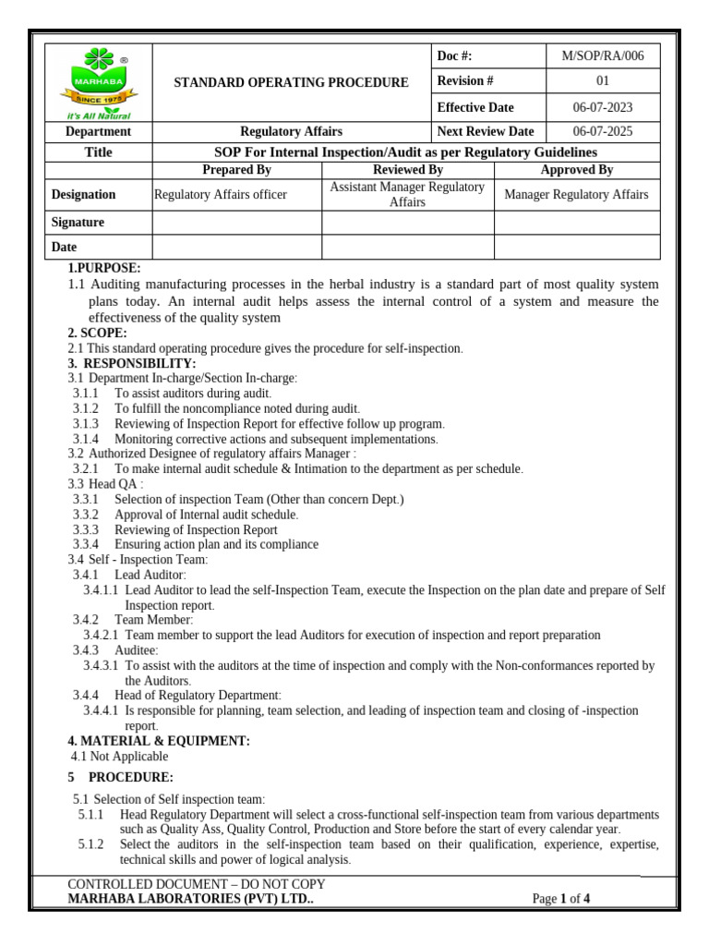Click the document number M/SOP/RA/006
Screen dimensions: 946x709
[602, 56]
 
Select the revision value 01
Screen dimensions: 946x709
[603, 81]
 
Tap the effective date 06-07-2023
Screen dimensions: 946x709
[603, 107]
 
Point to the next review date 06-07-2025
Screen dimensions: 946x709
[603, 131]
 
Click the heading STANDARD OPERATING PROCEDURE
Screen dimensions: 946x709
[291, 82]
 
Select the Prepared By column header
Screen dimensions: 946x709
[236, 170]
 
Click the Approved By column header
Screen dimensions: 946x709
[577, 170]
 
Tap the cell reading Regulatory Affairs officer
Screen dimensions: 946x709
[221, 194]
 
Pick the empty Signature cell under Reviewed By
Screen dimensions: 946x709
[408, 223]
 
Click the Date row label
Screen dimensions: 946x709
[65, 248]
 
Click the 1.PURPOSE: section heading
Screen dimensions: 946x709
[104, 268]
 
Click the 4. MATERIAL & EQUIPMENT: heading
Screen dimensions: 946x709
[159, 741]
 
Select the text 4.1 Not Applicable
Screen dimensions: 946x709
[119, 757]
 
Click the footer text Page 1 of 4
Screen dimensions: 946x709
[561, 898]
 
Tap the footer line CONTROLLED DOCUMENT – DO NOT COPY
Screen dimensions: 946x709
[197, 884]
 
